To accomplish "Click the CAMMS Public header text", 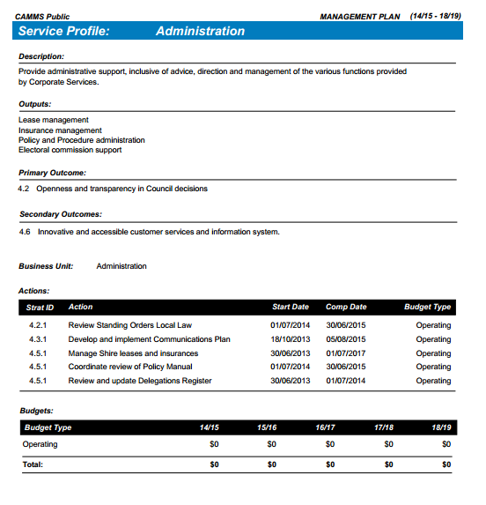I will click(x=42, y=16).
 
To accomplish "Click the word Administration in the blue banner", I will click(x=200, y=31).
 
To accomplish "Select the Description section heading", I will click(x=41, y=56).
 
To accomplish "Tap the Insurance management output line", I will click(x=60, y=130).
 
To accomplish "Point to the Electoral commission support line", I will click(x=70, y=150).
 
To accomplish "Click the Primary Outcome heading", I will click(x=52, y=173).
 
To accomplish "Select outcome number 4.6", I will click(x=24, y=232).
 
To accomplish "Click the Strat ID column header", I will click(x=40, y=308).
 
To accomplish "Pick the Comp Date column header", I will click(x=346, y=308).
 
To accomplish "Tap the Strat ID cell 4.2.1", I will click(x=38, y=325).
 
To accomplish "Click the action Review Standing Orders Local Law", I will click(x=129, y=325).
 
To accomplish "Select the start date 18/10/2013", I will click(x=290, y=339).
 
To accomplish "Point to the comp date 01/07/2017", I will click(x=346, y=353).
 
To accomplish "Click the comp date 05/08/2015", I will click(x=346, y=339).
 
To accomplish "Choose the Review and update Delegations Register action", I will click(x=140, y=382).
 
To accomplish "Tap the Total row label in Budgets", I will click(x=33, y=464).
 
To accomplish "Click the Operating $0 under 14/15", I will click(x=214, y=444).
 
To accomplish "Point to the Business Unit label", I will click(x=46, y=266).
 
